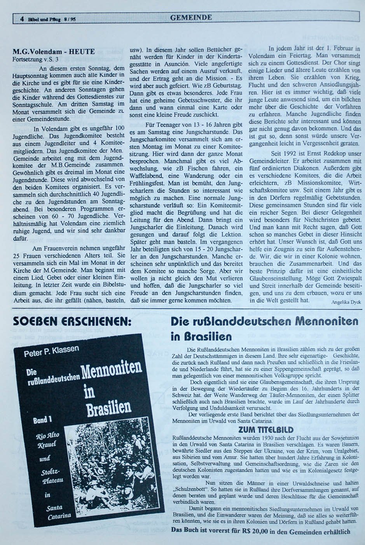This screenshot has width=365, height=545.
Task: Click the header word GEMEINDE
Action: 191,18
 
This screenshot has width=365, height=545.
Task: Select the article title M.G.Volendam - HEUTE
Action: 54,51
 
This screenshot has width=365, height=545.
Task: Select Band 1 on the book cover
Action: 43,420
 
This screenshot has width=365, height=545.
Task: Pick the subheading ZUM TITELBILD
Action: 260,430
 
